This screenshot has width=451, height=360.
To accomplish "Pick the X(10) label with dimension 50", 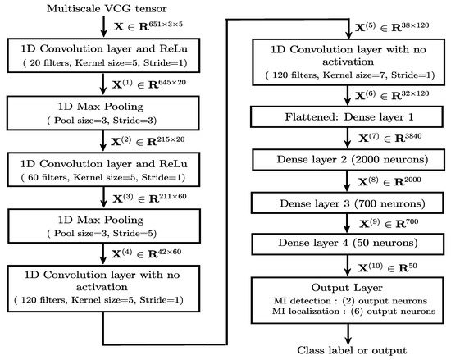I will (x=390, y=265).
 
